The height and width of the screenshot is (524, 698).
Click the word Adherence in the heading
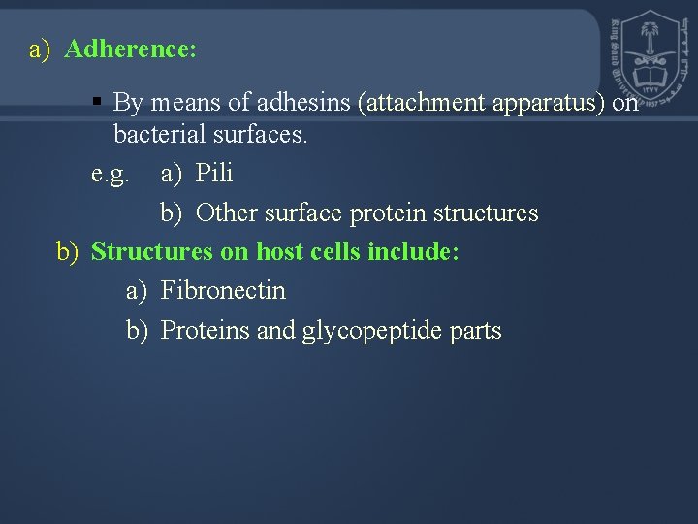(x=130, y=49)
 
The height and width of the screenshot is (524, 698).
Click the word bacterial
(x=155, y=135)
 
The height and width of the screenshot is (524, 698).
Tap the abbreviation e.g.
(x=110, y=174)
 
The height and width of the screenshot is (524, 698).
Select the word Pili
(x=214, y=174)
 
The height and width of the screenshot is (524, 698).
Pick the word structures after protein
(x=486, y=213)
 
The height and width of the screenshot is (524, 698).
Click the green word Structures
(x=151, y=252)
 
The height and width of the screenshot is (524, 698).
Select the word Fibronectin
(x=223, y=290)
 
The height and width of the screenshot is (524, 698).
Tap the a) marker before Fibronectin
(x=137, y=290)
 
